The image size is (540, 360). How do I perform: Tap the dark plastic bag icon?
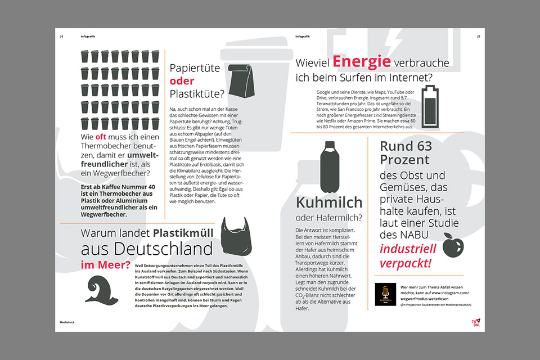pyautogui.click(x=236, y=235)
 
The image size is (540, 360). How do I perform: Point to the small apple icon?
pyautogui.click(x=453, y=245)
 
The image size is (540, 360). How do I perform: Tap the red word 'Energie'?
pyautogui.click(x=361, y=61)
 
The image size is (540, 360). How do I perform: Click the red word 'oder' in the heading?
pyautogui.click(x=182, y=81)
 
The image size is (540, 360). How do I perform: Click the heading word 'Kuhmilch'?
pyautogui.click(x=327, y=202)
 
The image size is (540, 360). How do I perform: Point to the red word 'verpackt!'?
pyautogui.click(x=405, y=263)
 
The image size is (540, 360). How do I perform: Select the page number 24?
pyautogui.click(x=62, y=37)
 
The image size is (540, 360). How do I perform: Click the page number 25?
pyautogui.click(x=478, y=37)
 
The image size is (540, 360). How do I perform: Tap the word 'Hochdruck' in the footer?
pyautogui.click(x=67, y=322)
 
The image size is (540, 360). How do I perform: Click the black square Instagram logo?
pyautogui.click(x=386, y=294)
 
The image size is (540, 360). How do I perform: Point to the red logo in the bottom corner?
pyautogui.click(x=476, y=321)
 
